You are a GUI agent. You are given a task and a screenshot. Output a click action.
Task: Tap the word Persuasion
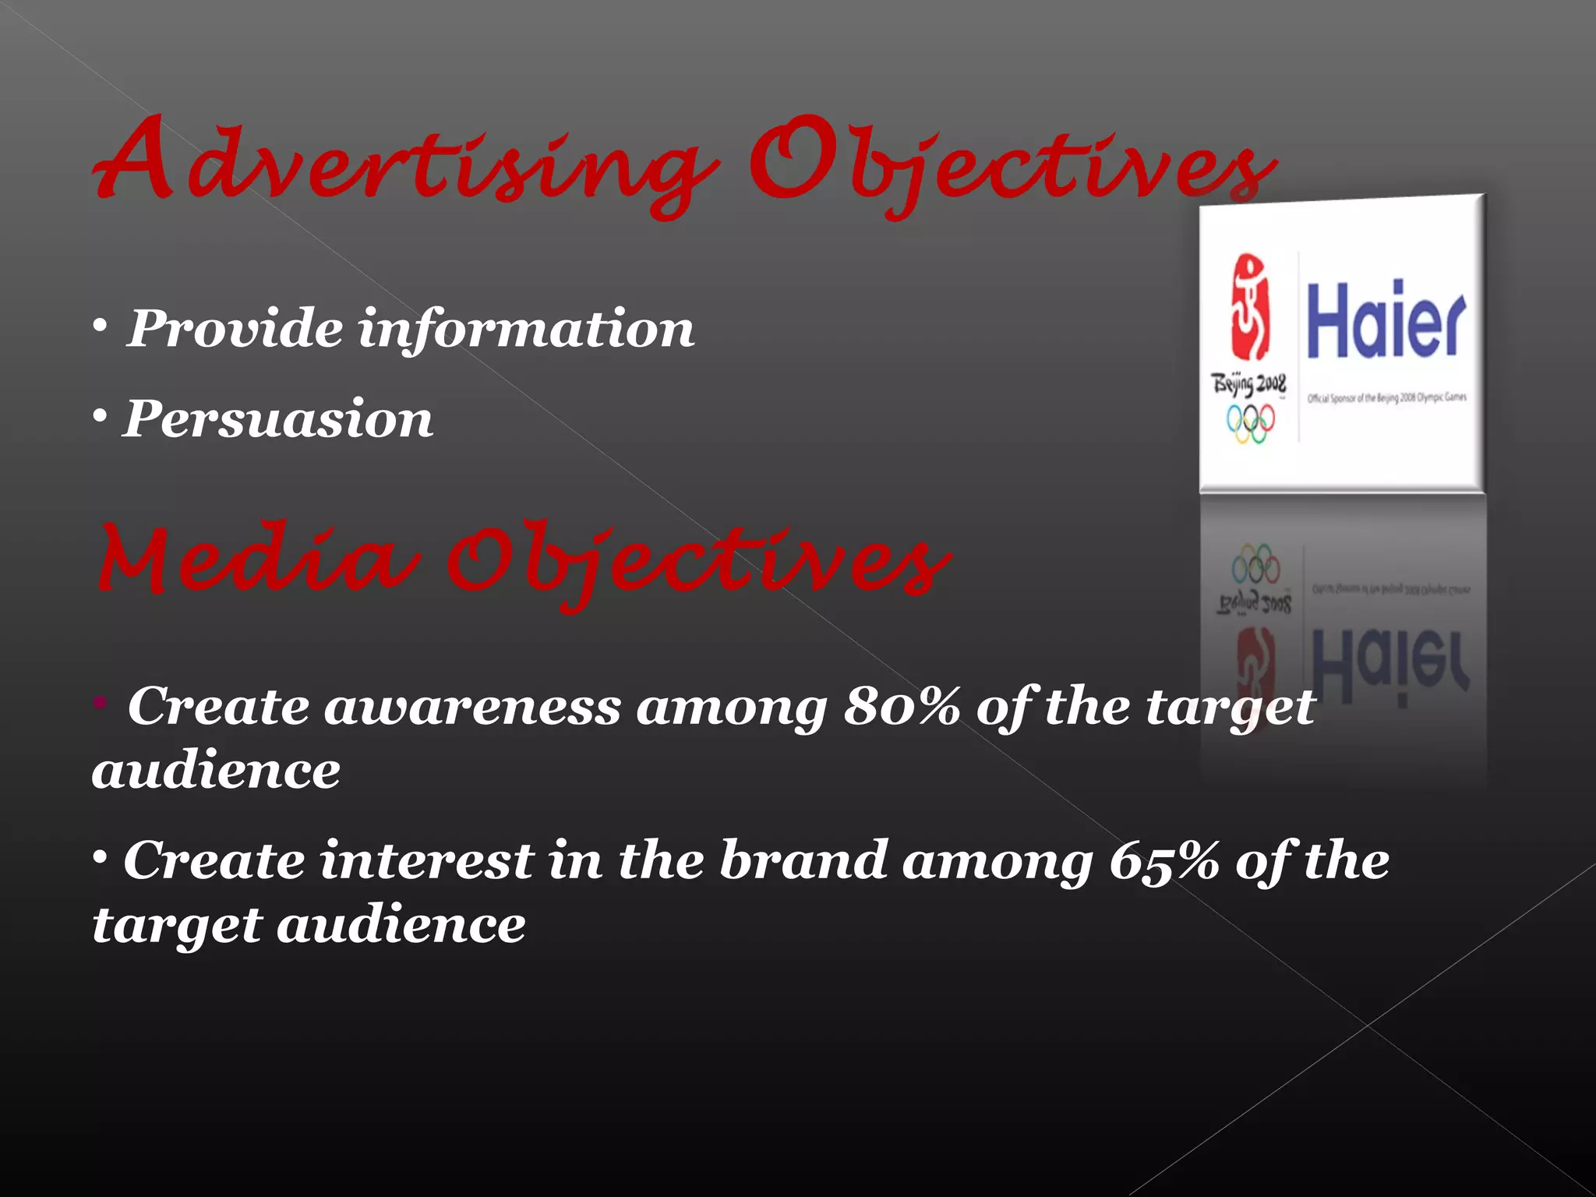[x=277, y=419]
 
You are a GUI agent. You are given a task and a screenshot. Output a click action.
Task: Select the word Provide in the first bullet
[x=234, y=328]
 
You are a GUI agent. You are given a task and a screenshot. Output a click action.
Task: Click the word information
[x=526, y=330]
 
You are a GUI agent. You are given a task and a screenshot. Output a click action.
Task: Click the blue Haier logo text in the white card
[x=1386, y=320]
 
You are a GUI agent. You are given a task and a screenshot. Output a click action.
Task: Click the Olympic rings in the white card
[x=1251, y=423]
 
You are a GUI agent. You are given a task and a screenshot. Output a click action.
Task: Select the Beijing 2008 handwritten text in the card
[x=1248, y=385]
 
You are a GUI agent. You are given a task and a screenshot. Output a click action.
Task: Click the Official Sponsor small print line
[x=1386, y=398]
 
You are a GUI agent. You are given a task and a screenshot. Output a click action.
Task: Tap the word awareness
[x=472, y=707]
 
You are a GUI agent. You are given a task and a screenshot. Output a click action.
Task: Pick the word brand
[x=803, y=861]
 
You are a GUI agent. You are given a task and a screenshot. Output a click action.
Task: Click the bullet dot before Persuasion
[x=100, y=418]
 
